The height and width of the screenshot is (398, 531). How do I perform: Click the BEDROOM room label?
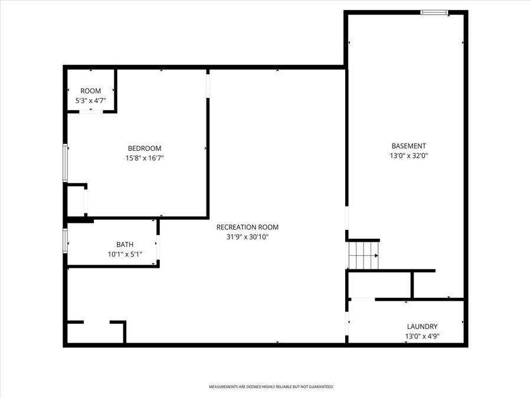tap(145, 148)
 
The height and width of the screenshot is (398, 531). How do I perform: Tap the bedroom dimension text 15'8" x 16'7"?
tap(145, 158)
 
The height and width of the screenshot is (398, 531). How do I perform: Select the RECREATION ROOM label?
tap(247, 227)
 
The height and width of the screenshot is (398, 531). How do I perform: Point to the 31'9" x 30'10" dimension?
tap(247, 237)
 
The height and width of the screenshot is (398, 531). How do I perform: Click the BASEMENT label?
tap(408, 146)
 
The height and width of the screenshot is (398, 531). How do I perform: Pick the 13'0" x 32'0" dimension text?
tap(408, 156)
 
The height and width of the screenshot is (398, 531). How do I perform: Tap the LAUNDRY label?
tap(422, 326)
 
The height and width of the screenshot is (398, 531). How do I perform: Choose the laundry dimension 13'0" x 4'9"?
tap(422, 337)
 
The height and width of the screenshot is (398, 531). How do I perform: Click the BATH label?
tap(124, 244)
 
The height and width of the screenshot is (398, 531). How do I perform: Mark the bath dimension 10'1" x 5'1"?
tap(124, 255)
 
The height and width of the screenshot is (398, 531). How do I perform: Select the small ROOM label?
tap(90, 91)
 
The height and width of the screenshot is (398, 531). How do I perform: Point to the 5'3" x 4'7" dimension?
tap(90, 101)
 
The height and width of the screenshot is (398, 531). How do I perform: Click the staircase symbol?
tap(363, 255)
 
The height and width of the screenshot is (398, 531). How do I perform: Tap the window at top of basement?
tap(434, 12)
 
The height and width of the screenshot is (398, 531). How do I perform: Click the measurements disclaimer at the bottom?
tap(271, 387)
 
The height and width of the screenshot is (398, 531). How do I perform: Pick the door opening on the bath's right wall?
tap(158, 244)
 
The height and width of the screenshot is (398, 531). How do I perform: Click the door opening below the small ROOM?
tap(90, 111)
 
